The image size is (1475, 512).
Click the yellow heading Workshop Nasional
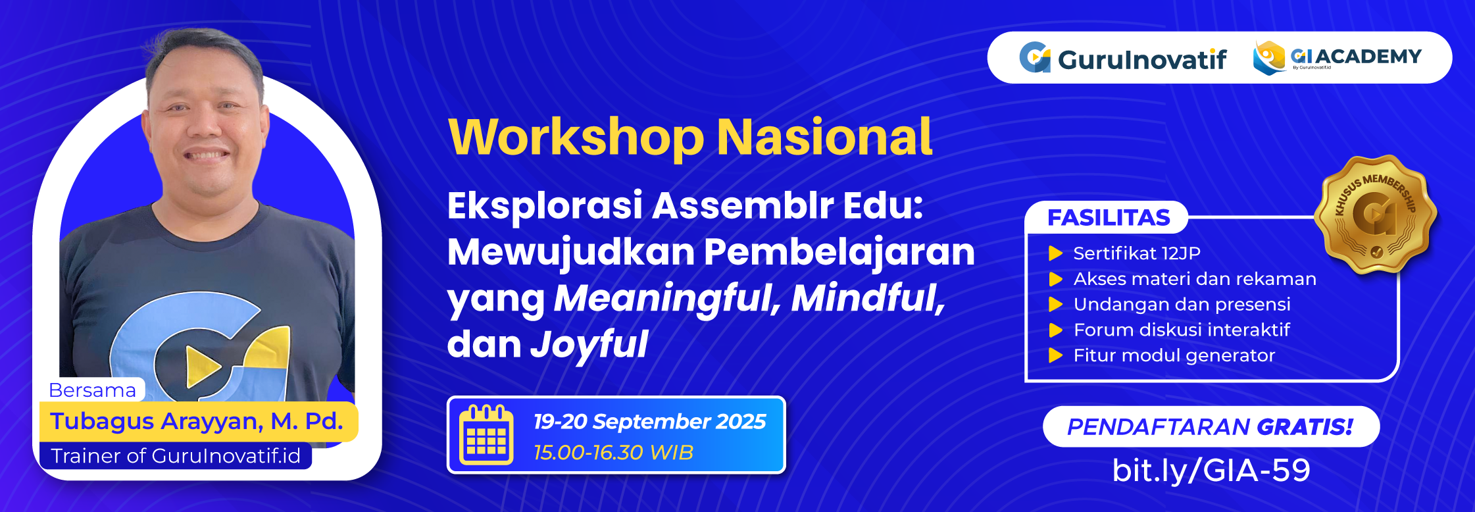(689, 137)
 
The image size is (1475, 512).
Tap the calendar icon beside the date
(486, 435)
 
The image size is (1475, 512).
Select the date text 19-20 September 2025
(649, 421)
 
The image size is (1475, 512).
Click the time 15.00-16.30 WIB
(613, 453)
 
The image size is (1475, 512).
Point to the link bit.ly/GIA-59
(1211, 470)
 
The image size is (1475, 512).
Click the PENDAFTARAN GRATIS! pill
(1211, 426)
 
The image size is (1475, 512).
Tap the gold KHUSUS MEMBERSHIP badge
(1375, 215)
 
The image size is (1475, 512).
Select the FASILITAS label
(1108, 218)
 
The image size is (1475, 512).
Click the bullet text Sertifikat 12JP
(1136, 253)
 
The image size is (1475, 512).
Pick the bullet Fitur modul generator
(1174, 355)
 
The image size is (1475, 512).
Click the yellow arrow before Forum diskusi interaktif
(1055, 330)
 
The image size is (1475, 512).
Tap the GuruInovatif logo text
(1141, 59)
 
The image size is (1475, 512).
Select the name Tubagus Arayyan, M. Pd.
(197, 421)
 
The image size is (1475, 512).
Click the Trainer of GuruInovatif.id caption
(175, 455)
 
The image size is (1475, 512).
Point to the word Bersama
(92, 390)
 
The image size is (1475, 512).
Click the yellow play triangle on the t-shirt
(201, 366)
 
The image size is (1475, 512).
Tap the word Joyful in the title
(589, 344)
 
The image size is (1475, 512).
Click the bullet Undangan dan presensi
(1182, 304)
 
